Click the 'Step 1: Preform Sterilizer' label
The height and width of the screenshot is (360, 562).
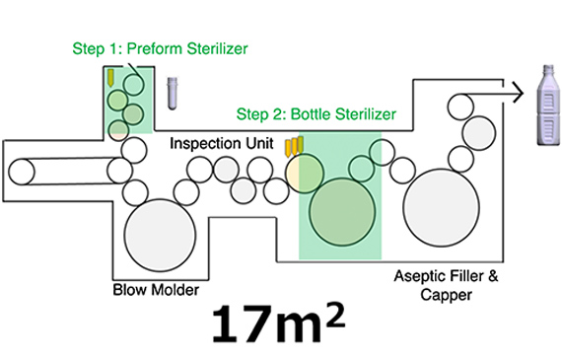tap(160, 48)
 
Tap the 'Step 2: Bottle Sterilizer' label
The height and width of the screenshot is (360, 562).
tap(316, 114)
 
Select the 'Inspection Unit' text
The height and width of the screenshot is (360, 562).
tap(222, 143)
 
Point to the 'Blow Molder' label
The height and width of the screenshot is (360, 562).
tap(156, 290)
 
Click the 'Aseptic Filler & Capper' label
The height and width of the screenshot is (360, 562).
tap(447, 286)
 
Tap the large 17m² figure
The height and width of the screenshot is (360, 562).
tap(279, 324)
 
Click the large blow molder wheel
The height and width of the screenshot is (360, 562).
tap(160, 235)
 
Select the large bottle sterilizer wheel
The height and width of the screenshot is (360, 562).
tap(342, 211)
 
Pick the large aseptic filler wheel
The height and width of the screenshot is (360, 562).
tap(441, 207)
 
